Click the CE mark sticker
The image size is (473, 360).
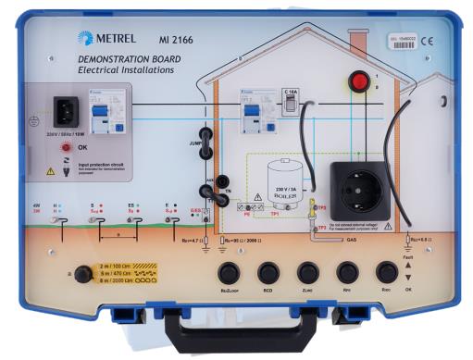pyautogui.click(x=427, y=41)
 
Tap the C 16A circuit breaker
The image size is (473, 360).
pyautogui.click(x=290, y=106)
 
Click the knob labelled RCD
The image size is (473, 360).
pyautogui.click(x=269, y=273)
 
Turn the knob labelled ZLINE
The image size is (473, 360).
pyautogui.click(x=308, y=273)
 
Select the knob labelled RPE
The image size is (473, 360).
pyautogui.click(x=347, y=273)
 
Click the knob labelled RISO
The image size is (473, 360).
pyautogui.click(x=387, y=273)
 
